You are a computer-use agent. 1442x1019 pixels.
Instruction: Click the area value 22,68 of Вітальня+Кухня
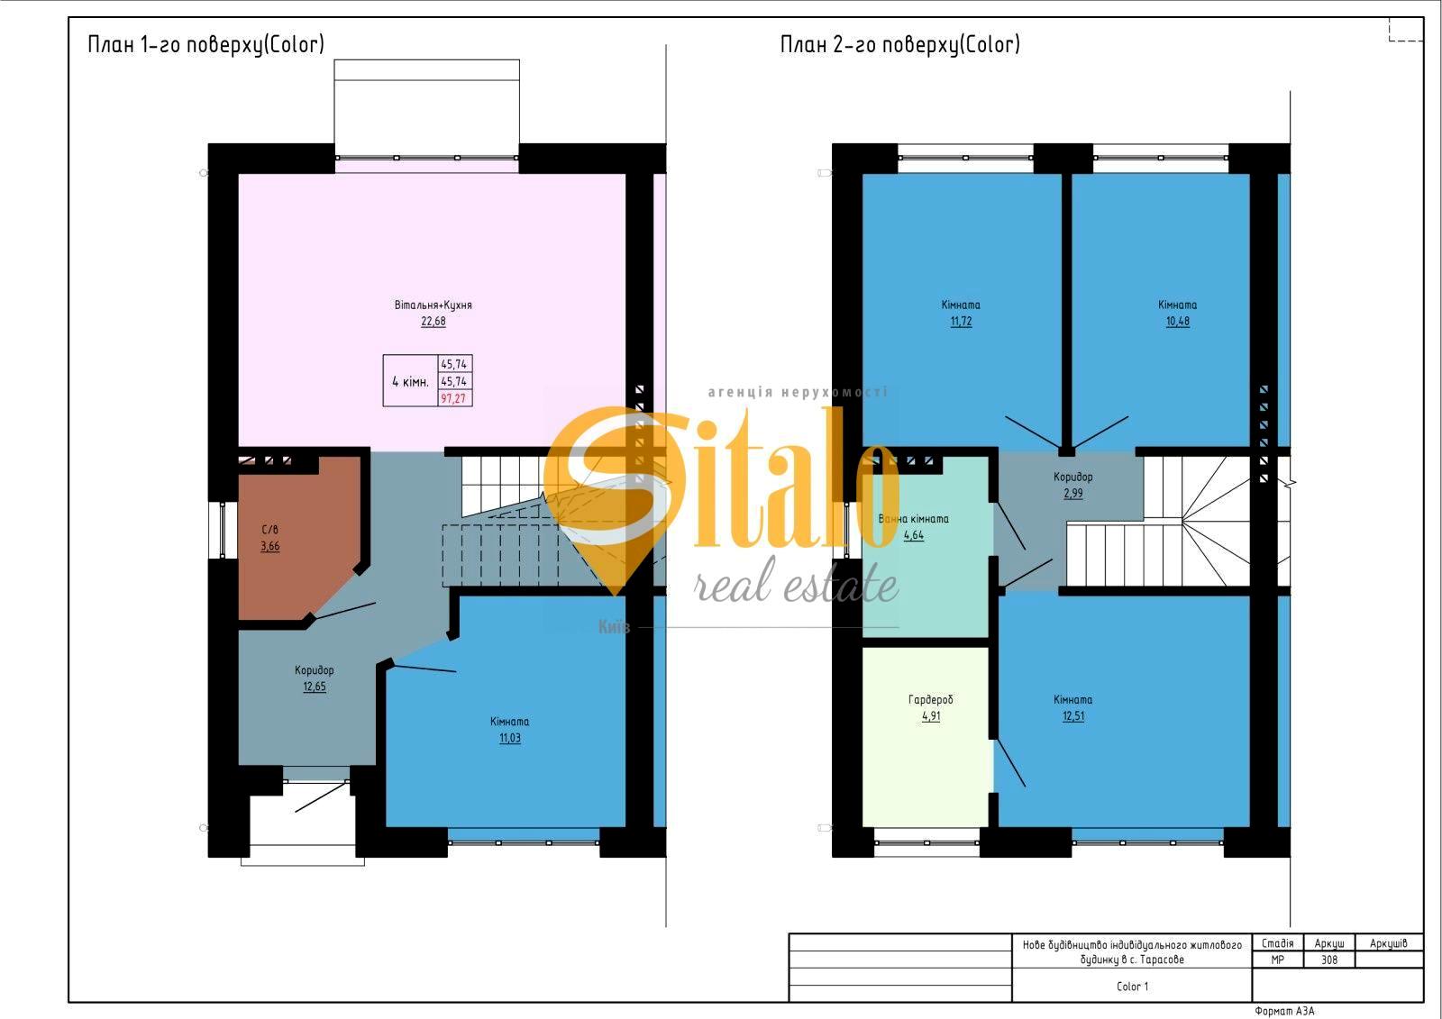433,321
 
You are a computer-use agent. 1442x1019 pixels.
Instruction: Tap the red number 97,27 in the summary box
453,398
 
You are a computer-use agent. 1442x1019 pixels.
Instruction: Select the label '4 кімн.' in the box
410,381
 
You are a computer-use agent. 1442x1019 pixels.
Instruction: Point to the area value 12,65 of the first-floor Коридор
315,687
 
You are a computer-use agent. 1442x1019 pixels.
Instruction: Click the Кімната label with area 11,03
509,722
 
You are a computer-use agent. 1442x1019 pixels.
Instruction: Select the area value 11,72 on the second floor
961,322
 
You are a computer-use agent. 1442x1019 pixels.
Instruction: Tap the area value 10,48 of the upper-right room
1177,322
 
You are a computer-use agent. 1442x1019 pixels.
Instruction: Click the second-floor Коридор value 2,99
1072,494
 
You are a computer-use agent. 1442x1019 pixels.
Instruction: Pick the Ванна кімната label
913,519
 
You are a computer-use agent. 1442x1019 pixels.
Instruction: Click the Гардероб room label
930,700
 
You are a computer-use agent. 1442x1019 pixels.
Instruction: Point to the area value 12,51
1072,716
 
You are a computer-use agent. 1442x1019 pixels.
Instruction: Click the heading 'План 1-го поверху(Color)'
205,44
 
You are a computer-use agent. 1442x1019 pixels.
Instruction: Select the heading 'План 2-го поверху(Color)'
899,44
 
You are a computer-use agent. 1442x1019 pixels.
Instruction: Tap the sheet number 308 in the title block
1329,960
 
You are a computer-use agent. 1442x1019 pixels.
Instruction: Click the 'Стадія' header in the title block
1277,943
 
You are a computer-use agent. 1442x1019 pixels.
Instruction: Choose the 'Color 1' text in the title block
1132,987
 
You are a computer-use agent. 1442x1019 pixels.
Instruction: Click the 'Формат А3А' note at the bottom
1284,1012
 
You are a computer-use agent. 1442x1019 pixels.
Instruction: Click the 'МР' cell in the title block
1277,960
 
